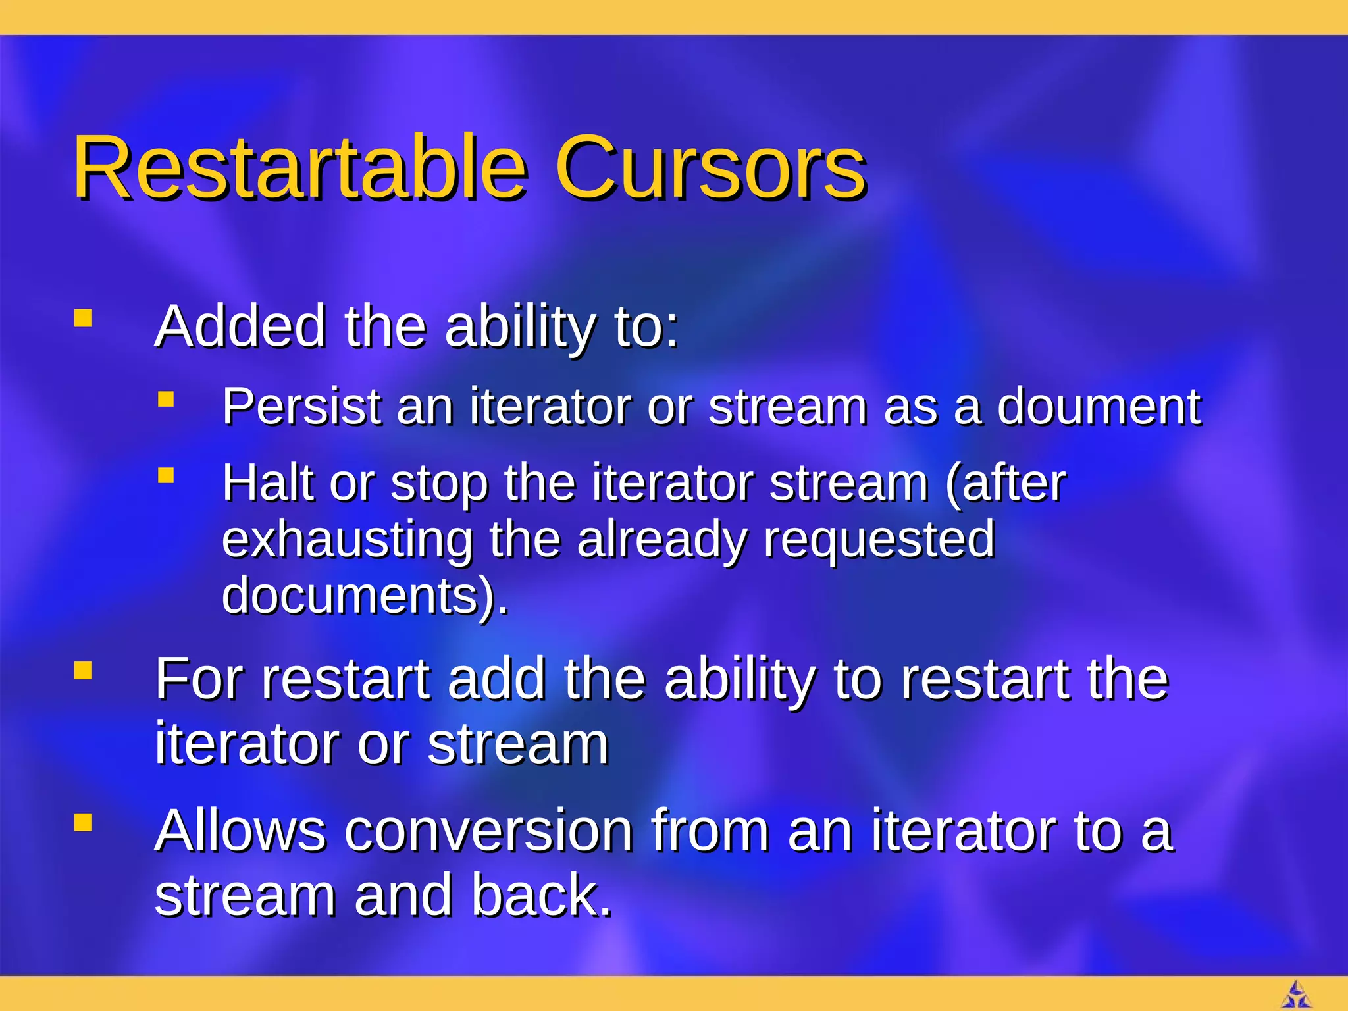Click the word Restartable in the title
pos(299,168)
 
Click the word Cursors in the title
pos(711,168)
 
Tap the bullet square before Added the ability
pos(83,319)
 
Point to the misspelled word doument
pos(1098,407)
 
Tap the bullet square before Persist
pos(166,399)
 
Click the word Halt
pos(267,482)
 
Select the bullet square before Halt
pos(166,475)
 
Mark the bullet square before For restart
pos(83,671)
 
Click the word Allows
pos(240,831)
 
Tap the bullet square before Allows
pos(83,823)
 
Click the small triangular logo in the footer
pos(1296,995)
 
